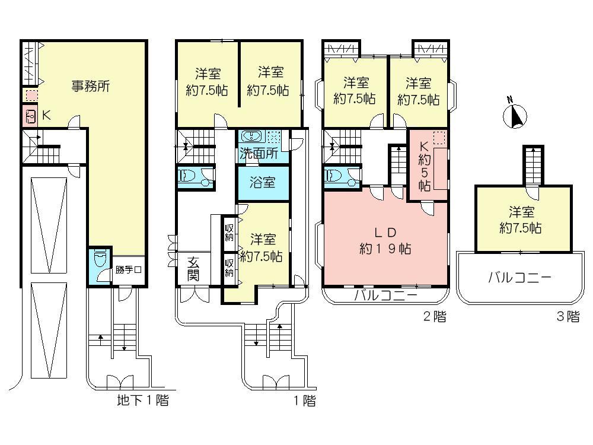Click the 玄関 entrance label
(194, 268)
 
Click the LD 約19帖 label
(385, 240)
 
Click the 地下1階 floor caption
(142, 401)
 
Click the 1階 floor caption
(304, 401)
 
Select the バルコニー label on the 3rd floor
(520, 277)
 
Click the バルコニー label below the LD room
(385, 295)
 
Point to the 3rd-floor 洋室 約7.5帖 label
(520, 220)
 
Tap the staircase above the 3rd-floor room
(533, 164)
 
